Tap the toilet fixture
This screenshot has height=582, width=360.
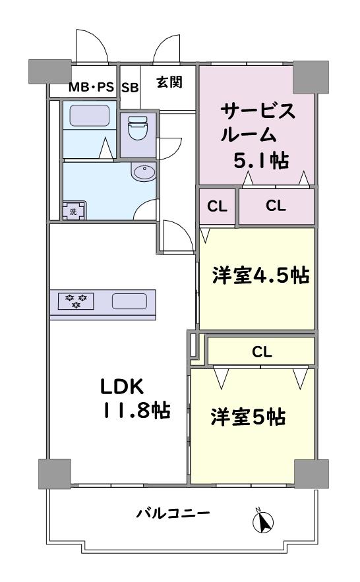pyautogui.click(x=137, y=128)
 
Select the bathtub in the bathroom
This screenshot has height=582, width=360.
pyautogui.click(x=90, y=116)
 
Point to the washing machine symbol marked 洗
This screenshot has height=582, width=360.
pyautogui.click(x=74, y=211)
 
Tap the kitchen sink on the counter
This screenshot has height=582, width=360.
pyautogui.click(x=129, y=301)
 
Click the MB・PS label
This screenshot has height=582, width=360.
pyautogui.click(x=91, y=88)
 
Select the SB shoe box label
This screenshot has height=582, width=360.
pyautogui.click(x=131, y=88)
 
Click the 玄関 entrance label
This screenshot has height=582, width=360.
pyautogui.click(x=169, y=82)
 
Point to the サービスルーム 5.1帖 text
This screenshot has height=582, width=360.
pyautogui.click(x=258, y=136)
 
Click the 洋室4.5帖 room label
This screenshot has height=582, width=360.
pyautogui.click(x=261, y=276)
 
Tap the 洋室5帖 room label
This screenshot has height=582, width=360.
pyautogui.click(x=249, y=417)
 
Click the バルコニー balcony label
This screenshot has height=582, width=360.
pyautogui.click(x=173, y=513)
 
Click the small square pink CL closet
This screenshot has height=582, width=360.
pyautogui.click(x=217, y=206)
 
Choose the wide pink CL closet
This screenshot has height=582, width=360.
pyautogui.click(x=276, y=206)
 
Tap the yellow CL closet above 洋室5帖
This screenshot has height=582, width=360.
pyautogui.click(x=261, y=351)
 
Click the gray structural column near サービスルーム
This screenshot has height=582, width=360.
pyautogui.click(x=311, y=77)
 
